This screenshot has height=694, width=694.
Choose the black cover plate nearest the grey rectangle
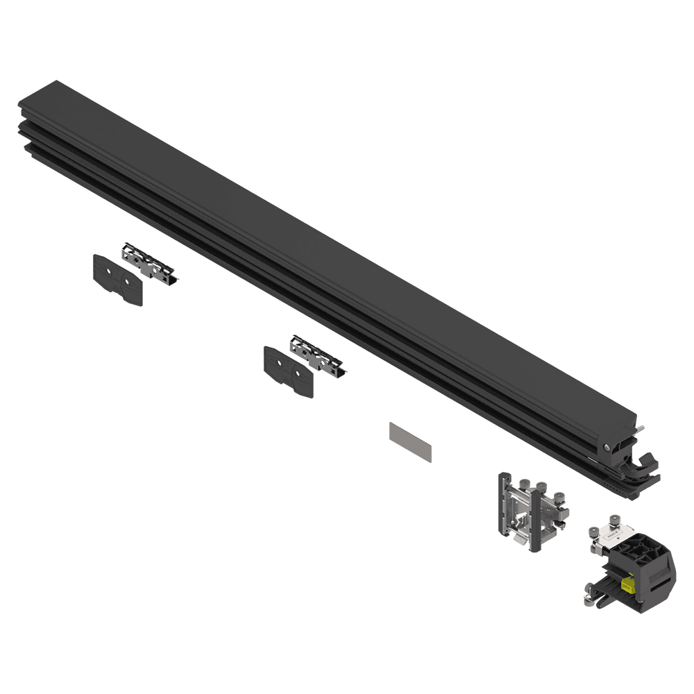point(288,371)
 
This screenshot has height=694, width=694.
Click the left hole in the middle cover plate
point(281,362)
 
